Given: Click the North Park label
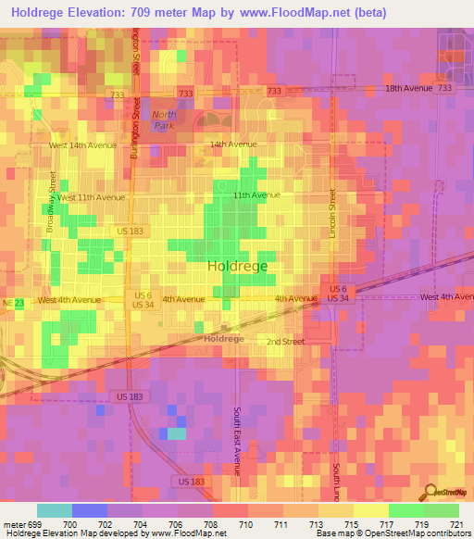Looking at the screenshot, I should point(163,119).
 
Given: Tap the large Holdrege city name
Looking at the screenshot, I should point(238,266).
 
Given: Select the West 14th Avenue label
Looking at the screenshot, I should point(82,145).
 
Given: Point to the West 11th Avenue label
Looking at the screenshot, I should point(92,198).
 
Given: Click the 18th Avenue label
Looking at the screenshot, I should point(409,88).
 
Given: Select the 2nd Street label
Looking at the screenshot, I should point(286,342).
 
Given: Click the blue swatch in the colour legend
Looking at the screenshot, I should point(90,510).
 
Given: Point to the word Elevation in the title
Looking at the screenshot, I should point(117,12).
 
